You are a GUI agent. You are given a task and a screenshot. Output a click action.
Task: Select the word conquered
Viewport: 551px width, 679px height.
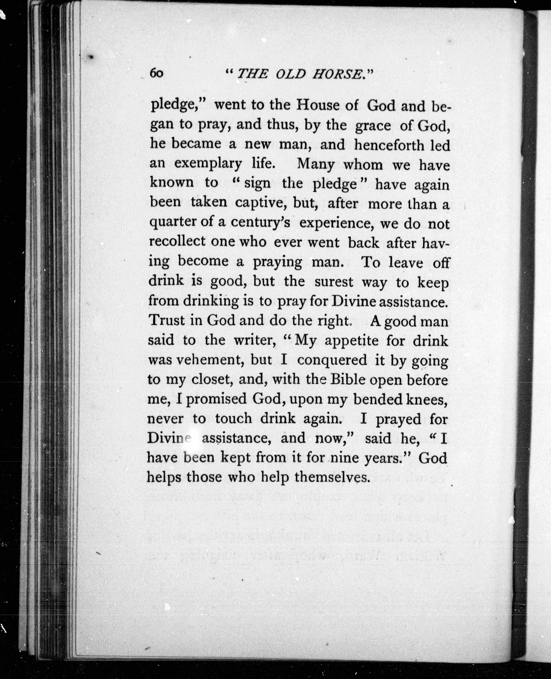pos(332,360)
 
